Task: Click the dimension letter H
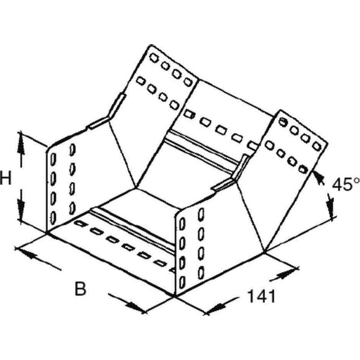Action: click(6, 178)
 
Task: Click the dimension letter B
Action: click(81, 289)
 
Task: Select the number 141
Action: click(261, 296)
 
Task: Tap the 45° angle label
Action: click(346, 184)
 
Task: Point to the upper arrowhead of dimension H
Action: click(21, 143)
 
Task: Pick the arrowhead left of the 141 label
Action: click(216, 307)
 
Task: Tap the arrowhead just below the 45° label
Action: click(330, 206)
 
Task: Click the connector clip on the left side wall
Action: click(108, 112)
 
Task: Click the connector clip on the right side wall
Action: click(232, 174)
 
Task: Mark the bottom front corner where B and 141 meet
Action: click(175, 296)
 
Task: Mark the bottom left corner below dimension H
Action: click(47, 232)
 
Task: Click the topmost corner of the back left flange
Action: click(150, 44)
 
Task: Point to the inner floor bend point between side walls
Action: click(136, 188)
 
